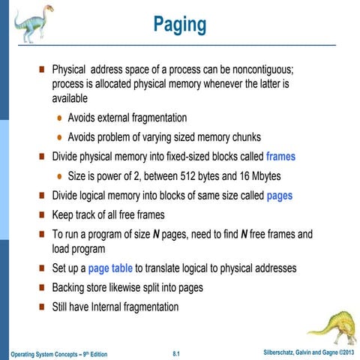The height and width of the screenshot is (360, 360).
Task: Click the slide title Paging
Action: pyautogui.click(x=179, y=25)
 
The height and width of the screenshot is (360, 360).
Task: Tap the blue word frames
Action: pyautogui.click(x=280, y=157)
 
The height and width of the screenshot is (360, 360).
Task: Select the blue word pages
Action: pyautogui.click(x=279, y=196)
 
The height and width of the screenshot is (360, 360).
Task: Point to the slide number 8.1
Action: pyautogui.click(x=178, y=352)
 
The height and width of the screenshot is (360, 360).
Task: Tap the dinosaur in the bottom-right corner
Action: pyautogui.click(x=331, y=328)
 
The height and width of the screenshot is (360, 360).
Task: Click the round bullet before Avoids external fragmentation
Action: pyautogui.click(x=58, y=118)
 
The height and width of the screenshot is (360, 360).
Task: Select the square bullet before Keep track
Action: pyautogui.click(x=42, y=216)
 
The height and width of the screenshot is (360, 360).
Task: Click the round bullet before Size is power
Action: pyautogui.click(x=58, y=178)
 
